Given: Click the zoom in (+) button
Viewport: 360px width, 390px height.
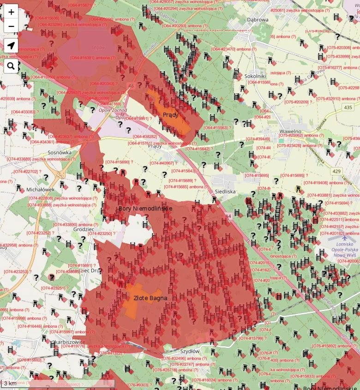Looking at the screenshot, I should tap(11, 12).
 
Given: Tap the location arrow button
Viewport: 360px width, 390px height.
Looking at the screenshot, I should tap(11, 46).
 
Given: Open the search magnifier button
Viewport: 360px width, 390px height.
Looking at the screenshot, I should tap(11, 66).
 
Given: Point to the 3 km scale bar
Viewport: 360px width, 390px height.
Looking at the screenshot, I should tap(10, 384).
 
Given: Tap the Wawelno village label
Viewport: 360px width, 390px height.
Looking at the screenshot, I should tap(290, 132).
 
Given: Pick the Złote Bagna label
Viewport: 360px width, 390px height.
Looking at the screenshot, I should tap(150, 298).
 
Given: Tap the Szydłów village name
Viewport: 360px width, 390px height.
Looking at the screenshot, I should tap(190, 351).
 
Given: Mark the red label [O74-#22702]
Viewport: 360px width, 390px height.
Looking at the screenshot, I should tap(27, 171).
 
